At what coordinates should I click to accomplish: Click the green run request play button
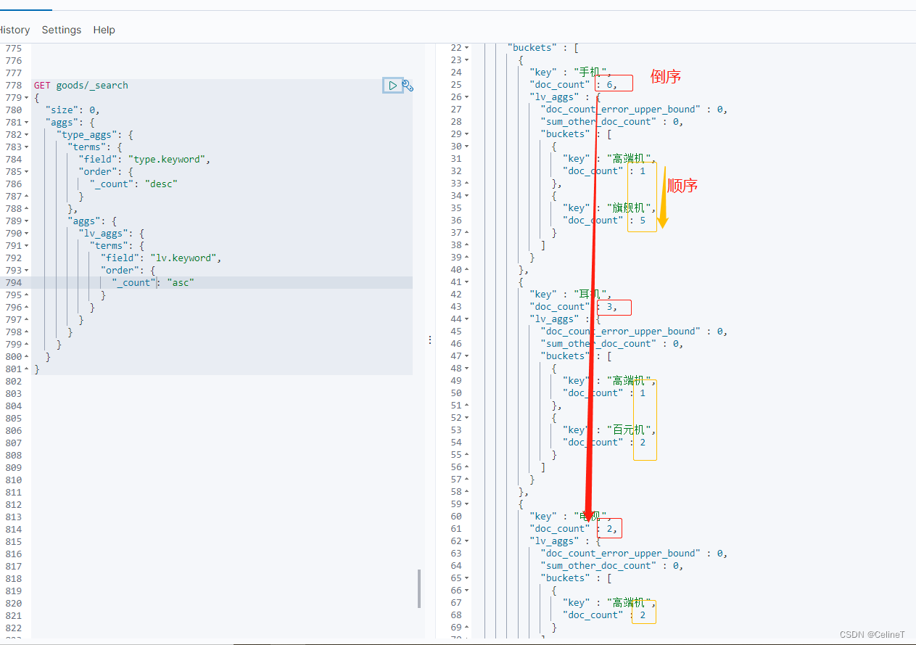click(392, 86)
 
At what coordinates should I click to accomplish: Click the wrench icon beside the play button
click(408, 86)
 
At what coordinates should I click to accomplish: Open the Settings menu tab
click(62, 30)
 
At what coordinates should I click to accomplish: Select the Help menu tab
click(104, 30)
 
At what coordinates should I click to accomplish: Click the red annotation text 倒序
click(666, 77)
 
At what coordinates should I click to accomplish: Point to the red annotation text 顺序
click(682, 186)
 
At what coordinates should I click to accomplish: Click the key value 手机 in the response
click(592, 72)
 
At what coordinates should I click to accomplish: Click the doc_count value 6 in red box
click(611, 84)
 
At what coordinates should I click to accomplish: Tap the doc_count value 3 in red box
click(611, 307)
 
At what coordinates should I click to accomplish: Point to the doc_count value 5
click(643, 221)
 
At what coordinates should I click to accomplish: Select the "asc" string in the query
click(181, 283)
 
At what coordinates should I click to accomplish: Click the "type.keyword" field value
click(169, 160)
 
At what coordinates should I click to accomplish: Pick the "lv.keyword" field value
click(186, 258)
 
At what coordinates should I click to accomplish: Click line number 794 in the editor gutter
click(13, 283)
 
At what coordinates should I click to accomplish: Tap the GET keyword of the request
click(42, 86)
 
